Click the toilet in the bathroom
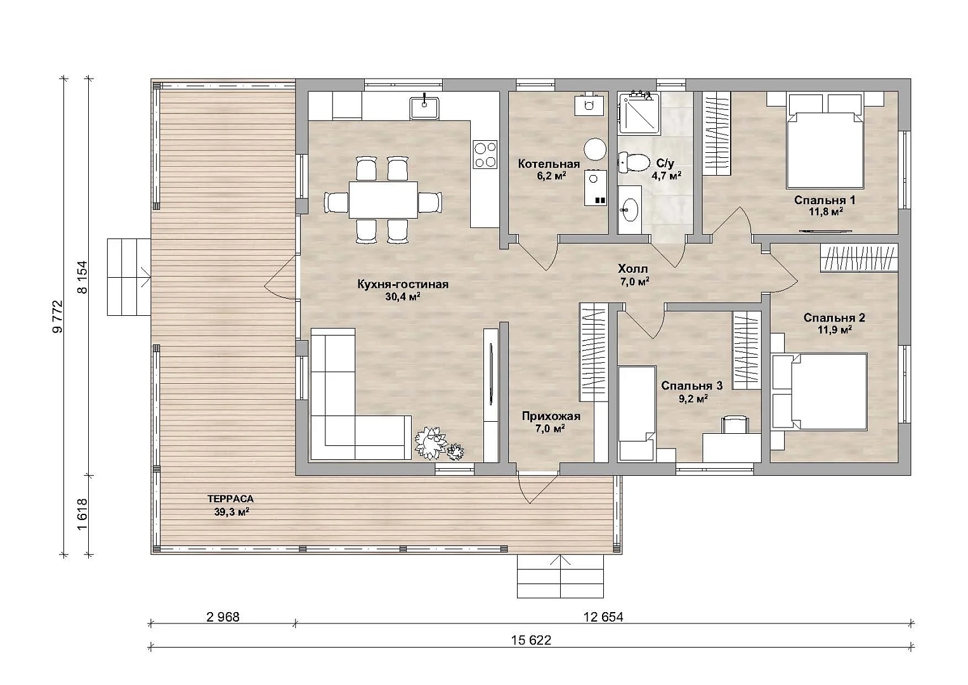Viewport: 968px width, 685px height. (x=634, y=162)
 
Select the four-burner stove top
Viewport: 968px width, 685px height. (x=485, y=154)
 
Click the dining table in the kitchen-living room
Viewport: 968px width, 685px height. (x=383, y=200)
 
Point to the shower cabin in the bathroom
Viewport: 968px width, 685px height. (x=639, y=113)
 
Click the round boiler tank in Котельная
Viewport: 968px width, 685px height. (x=595, y=149)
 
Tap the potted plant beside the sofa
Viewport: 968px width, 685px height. (x=437, y=444)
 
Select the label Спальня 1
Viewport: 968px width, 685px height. (x=825, y=200)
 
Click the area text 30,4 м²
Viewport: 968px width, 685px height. (x=403, y=296)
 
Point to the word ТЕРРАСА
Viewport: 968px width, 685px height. (x=230, y=499)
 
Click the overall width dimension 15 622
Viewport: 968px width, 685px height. (x=531, y=640)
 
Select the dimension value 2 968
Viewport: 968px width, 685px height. (x=223, y=616)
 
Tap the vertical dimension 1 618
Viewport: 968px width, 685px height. (x=82, y=514)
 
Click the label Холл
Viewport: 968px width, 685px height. (x=632, y=270)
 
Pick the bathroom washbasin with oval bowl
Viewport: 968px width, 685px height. (x=629, y=210)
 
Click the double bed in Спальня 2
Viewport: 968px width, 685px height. (x=820, y=392)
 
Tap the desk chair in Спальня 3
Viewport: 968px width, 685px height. (x=735, y=425)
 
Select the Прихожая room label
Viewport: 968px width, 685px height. (x=551, y=416)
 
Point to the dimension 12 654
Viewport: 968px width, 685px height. (x=603, y=616)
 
